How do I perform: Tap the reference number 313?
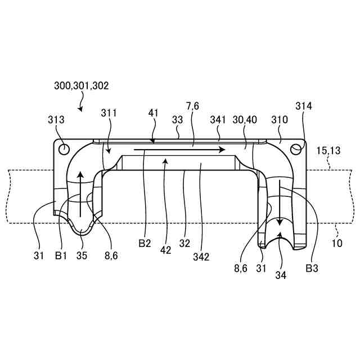tap(56, 119)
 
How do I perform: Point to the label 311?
tap(109, 113)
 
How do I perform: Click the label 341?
tap(218, 120)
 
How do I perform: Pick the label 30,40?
tap(245, 120)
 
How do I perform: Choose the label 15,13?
tap(329, 151)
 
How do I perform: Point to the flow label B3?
tap(312, 268)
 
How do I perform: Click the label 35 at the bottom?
tap(82, 255)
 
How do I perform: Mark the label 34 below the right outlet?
tap(280, 275)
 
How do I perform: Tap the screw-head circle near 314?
tap(296, 148)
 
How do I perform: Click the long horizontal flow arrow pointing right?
tap(180, 150)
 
